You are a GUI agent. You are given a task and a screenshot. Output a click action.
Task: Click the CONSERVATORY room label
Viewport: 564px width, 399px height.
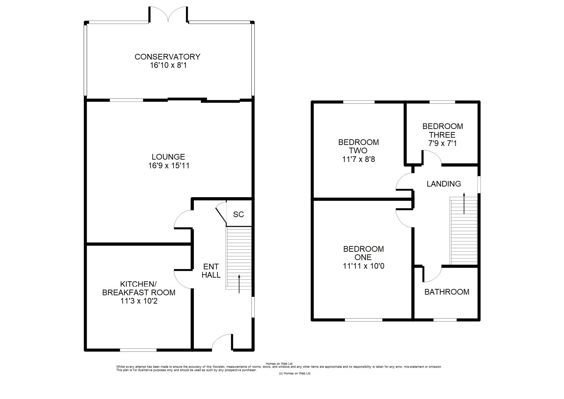(x=167, y=57)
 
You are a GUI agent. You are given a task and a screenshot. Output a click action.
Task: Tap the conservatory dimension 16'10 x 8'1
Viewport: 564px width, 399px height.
(x=168, y=65)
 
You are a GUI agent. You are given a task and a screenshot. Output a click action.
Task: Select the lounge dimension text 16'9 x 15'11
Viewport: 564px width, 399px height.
(x=169, y=166)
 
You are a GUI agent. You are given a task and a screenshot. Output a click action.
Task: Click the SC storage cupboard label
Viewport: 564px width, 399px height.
(x=238, y=214)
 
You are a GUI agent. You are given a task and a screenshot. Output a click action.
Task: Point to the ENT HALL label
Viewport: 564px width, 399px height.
(x=211, y=271)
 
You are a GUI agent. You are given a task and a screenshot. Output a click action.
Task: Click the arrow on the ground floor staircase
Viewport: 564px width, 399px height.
(x=239, y=284)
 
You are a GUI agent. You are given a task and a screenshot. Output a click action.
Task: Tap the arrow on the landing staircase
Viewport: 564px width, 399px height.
(x=464, y=203)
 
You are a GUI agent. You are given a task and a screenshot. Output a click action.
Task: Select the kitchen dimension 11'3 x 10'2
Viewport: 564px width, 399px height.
(x=139, y=301)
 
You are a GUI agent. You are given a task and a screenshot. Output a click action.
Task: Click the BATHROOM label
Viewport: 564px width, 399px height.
(x=447, y=292)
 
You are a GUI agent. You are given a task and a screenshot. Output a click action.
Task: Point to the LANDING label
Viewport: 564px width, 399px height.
(x=444, y=184)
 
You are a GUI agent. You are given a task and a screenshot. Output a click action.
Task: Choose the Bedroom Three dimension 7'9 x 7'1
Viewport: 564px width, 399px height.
(x=442, y=144)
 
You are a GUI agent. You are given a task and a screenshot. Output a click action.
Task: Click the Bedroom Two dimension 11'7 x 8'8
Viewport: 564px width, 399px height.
(x=358, y=159)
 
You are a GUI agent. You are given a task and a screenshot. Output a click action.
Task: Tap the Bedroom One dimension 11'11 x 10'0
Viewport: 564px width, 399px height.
(x=363, y=266)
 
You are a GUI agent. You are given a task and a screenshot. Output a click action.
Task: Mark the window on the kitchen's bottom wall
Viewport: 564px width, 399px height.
(x=138, y=350)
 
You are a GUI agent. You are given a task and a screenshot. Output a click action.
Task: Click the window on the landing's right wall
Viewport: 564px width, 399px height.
(x=479, y=184)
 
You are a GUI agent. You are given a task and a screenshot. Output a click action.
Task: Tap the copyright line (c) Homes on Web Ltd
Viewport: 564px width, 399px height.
(x=294, y=373)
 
